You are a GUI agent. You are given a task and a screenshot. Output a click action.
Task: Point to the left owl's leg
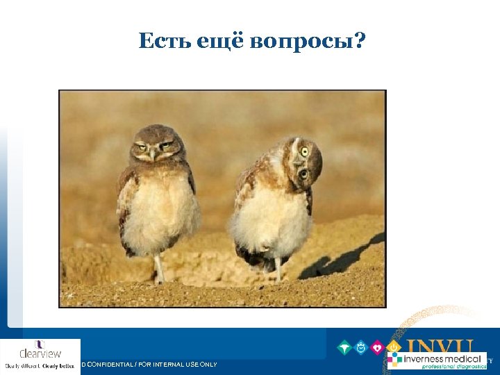160,267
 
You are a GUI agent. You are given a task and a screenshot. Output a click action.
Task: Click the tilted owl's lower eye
302,174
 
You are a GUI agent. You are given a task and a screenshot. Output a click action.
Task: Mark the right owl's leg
278,269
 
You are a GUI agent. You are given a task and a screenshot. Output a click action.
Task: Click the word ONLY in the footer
208,365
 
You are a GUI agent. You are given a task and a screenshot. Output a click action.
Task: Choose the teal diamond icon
344,347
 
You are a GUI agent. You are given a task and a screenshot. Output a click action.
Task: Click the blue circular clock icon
361,347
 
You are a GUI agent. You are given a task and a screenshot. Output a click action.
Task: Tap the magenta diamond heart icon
378,347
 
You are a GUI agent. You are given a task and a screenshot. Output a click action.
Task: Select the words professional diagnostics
452,367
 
